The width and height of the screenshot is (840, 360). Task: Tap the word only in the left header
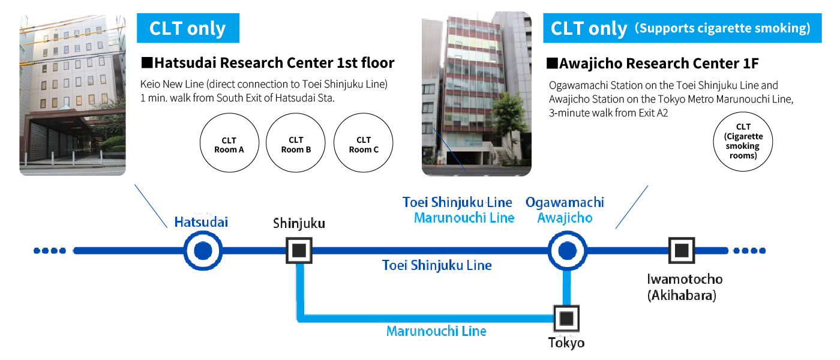(x=206, y=28)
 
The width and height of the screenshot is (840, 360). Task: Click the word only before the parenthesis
(x=607, y=28)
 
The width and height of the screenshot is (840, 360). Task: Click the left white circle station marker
(x=203, y=251)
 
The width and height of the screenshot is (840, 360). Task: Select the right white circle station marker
(x=567, y=251)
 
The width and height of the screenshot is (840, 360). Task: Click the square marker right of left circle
(x=299, y=251)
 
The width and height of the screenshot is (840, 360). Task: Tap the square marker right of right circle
(x=680, y=250)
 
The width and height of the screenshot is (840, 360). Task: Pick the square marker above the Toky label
(x=566, y=318)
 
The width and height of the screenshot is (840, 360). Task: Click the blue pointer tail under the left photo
(x=151, y=207)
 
